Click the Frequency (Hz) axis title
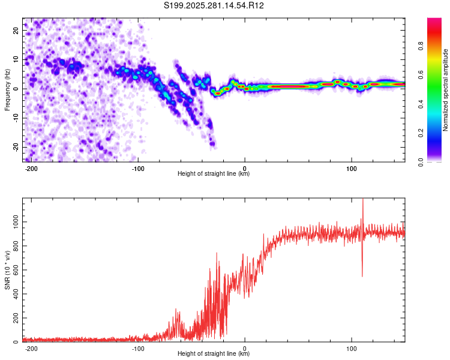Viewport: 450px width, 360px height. pyautogui.click(x=8, y=89)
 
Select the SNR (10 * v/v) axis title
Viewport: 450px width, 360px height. pyautogui.click(x=8, y=270)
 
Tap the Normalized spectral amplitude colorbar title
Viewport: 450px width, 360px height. pyautogui.click(x=446, y=90)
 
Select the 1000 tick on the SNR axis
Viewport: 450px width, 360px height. pyautogui.click(x=13, y=222)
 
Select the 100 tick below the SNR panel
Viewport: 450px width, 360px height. pyautogui.click(x=351, y=348)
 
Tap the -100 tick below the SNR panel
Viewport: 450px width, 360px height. pyautogui.click(x=137, y=348)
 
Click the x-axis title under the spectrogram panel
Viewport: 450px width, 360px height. pyautogui.click(x=214, y=174)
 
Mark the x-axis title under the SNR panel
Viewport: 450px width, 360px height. pyautogui.click(x=214, y=354)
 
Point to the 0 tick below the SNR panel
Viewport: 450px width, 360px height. pyautogui.click(x=245, y=348)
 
